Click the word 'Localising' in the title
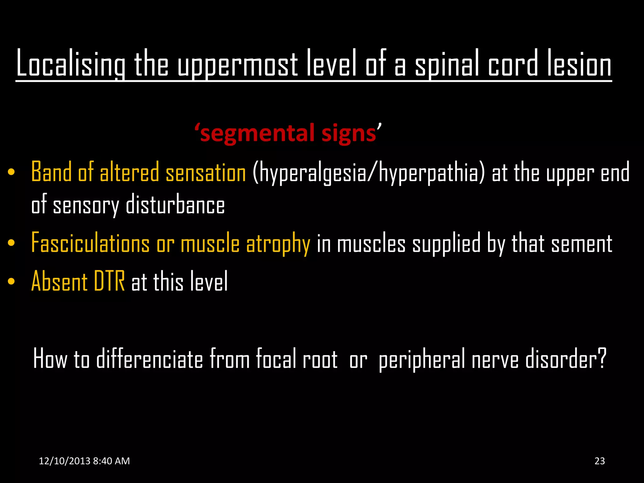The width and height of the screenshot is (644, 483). (x=70, y=64)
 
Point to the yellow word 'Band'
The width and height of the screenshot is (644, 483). (x=51, y=172)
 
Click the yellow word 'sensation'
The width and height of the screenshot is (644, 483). (x=206, y=173)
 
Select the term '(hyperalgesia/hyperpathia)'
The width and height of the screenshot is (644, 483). (x=369, y=173)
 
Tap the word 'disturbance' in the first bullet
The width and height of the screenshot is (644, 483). (x=175, y=205)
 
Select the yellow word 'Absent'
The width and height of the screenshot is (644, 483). (x=59, y=281)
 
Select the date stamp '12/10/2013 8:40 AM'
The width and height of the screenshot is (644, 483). (x=84, y=461)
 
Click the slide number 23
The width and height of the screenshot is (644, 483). (x=600, y=461)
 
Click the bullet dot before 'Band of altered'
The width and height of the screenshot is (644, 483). (x=11, y=172)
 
